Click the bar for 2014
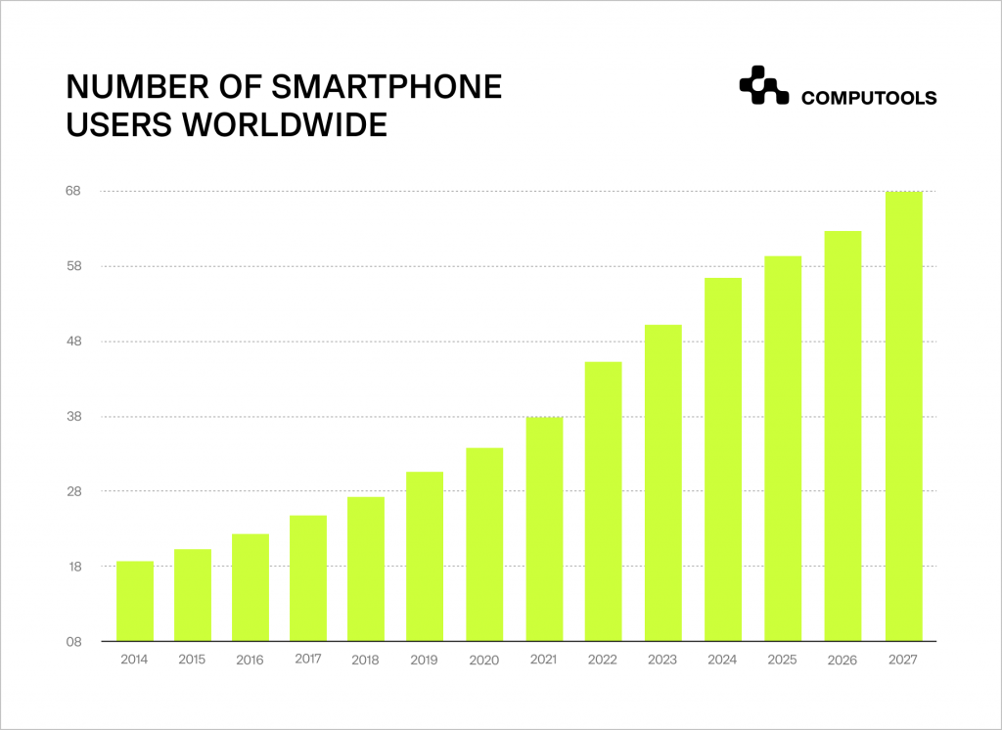[x=135, y=601]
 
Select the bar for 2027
[x=903, y=416]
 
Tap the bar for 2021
[x=544, y=528]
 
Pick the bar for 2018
[x=366, y=569]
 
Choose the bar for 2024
[x=723, y=459]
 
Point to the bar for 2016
[x=250, y=587]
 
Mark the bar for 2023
[x=663, y=482]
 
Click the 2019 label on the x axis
[x=425, y=660]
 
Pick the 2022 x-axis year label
[x=603, y=660]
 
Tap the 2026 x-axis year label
[x=843, y=660]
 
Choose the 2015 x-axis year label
[x=192, y=660]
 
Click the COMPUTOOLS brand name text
[x=869, y=98]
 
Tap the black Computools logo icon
[x=763, y=85]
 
